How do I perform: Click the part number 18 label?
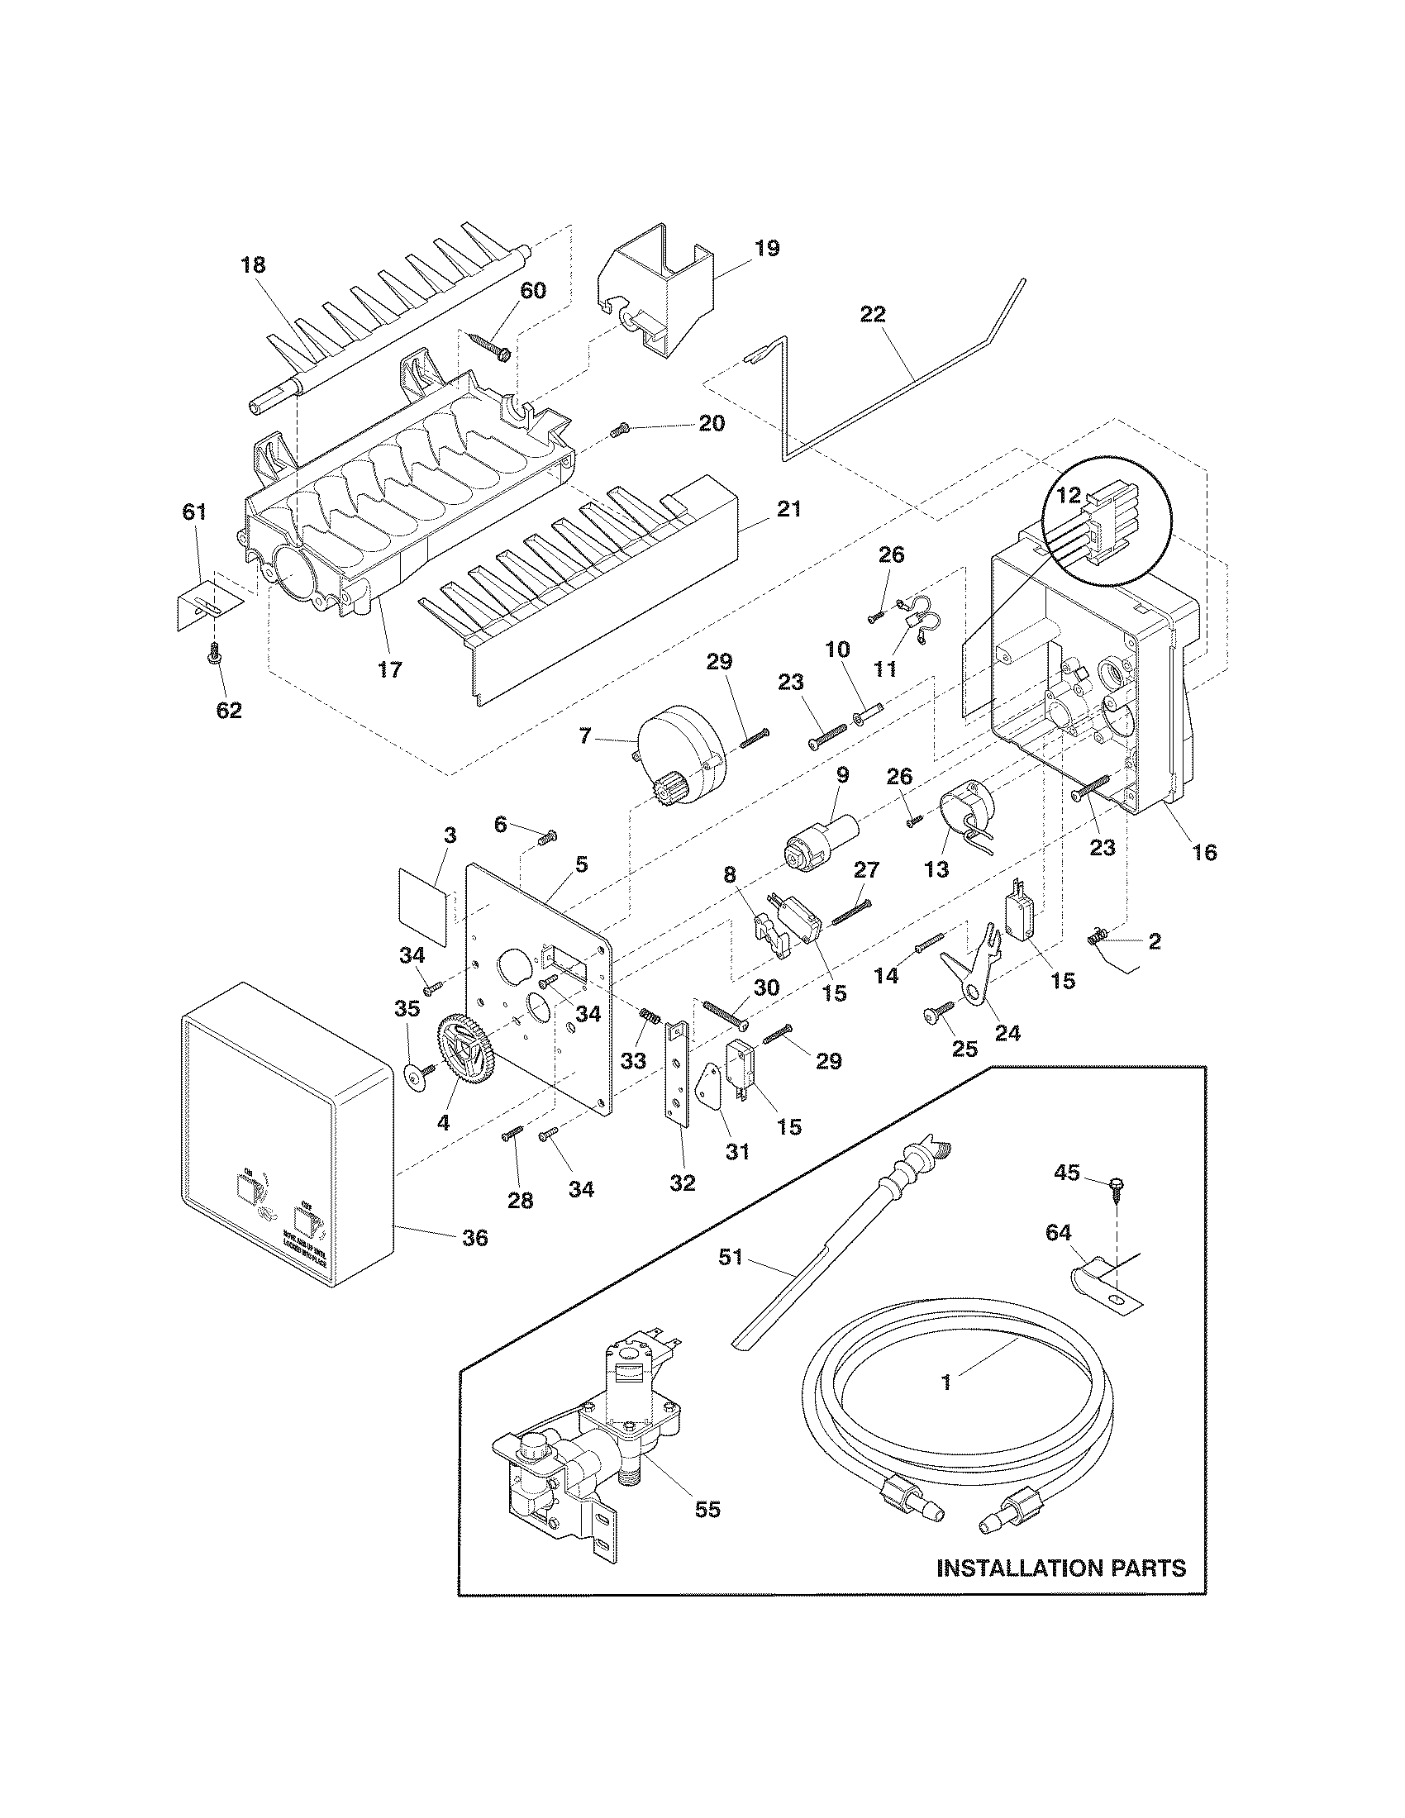(x=253, y=265)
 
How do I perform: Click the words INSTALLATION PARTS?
(x=1060, y=1591)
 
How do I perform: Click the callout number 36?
(x=475, y=1238)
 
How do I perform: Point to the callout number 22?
(x=873, y=315)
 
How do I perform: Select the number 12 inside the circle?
(x=1069, y=495)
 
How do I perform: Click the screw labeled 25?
(x=934, y=1013)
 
